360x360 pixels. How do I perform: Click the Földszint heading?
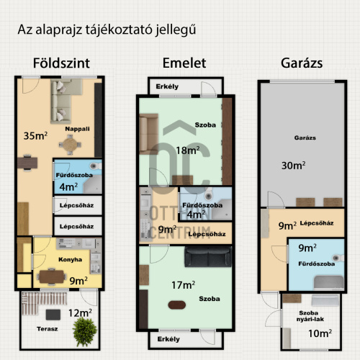61,63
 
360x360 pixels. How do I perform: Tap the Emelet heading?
184,63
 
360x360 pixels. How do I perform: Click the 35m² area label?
35,135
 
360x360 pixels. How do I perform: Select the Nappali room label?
77,129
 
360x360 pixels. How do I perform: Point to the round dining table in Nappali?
70,145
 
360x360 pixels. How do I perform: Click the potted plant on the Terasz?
85,331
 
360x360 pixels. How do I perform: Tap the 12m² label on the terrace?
80,313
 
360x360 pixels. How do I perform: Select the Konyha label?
70,259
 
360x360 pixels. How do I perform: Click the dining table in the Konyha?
52,276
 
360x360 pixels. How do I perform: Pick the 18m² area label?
188,150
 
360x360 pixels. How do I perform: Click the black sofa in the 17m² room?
208,257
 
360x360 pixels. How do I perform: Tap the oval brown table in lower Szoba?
177,305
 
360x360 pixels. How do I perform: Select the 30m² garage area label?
294,166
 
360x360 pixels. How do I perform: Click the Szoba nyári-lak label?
310,316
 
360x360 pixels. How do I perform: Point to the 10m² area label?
320,333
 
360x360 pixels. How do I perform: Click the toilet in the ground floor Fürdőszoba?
95,166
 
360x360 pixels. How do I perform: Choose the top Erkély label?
167,86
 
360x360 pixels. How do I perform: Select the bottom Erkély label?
168,339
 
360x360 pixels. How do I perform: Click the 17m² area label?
183,285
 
